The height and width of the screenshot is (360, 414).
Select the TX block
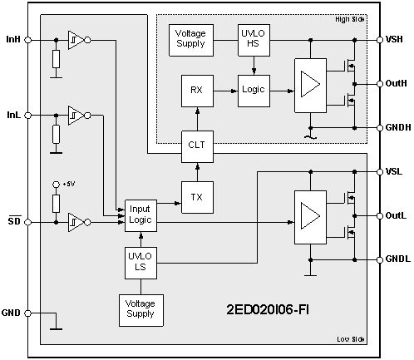pyautogui.click(x=196, y=197)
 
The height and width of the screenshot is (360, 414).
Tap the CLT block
pyautogui.click(x=196, y=145)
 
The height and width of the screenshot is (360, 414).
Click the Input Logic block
pyautogui.click(x=140, y=214)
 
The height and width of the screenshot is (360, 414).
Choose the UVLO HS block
pyautogui.click(x=250, y=41)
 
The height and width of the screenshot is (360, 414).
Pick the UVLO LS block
pyautogui.click(x=140, y=261)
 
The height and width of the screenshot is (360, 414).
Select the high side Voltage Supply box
pyautogui.click(x=192, y=41)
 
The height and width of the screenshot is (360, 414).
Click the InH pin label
pyautogui.click(x=13, y=39)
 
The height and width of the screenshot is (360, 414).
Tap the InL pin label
pyautogui.click(x=13, y=114)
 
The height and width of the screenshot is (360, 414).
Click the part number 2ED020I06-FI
pyautogui.click(x=274, y=310)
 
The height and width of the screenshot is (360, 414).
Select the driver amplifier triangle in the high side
pyautogui.click(x=310, y=84)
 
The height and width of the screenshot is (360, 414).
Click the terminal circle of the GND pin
pyautogui.click(x=28, y=313)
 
